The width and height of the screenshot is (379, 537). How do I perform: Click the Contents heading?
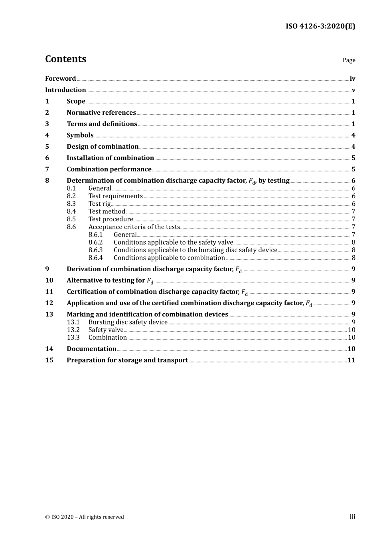click(65, 59)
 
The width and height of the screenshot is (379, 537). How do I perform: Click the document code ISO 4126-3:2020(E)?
click(320, 26)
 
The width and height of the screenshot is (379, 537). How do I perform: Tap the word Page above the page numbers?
click(349, 60)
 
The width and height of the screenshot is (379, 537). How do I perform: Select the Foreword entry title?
click(60, 79)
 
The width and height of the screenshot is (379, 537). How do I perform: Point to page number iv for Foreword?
click(352, 79)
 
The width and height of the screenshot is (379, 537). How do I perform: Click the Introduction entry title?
click(65, 90)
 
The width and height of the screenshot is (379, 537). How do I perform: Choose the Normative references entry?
click(101, 113)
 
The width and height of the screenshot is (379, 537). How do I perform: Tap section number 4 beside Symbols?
click(47, 135)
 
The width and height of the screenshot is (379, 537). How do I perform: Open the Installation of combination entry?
click(110, 158)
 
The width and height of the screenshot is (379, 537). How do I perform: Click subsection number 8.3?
click(71, 204)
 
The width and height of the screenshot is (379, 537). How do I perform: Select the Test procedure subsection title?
click(111, 219)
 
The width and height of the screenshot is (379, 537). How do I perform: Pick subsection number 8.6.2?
click(95, 243)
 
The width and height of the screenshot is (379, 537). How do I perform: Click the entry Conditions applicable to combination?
click(169, 258)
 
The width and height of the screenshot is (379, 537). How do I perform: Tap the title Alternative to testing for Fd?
click(110, 280)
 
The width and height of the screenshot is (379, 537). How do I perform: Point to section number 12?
click(49, 303)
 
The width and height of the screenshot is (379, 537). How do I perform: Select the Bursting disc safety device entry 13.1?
click(128, 322)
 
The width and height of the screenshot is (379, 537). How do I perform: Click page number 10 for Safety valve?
click(351, 330)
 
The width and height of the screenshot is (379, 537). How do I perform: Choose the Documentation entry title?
click(91, 349)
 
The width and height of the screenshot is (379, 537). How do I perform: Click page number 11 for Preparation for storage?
click(351, 360)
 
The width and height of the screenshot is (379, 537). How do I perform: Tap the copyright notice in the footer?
click(85, 517)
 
